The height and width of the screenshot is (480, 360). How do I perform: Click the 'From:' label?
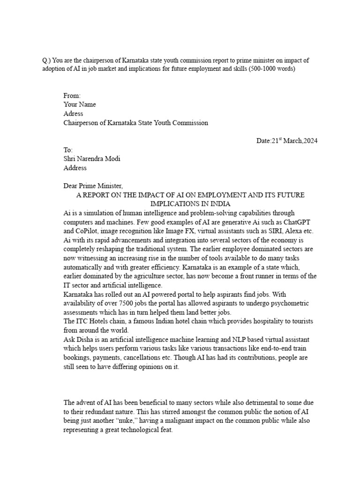[72, 96]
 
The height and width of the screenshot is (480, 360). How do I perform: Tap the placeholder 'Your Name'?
[80, 105]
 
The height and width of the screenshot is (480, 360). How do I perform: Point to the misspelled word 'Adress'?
[73, 114]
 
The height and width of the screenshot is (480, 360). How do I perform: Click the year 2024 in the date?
[308, 141]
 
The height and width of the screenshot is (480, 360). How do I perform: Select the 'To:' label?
[68, 150]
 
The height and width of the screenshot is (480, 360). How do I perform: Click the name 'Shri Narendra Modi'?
[91, 159]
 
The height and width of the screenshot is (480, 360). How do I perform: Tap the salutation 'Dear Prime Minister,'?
[93, 186]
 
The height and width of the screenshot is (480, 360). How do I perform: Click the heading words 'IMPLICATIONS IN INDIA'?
[189, 204]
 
